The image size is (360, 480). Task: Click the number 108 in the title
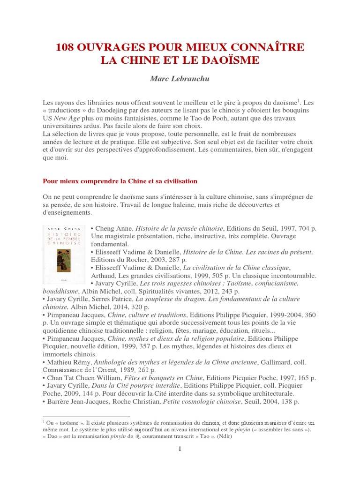[66, 47]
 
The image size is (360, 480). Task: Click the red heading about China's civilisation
[120, 181]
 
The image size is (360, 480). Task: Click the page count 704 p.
[305, 228]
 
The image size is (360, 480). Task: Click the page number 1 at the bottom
[180, 450]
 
